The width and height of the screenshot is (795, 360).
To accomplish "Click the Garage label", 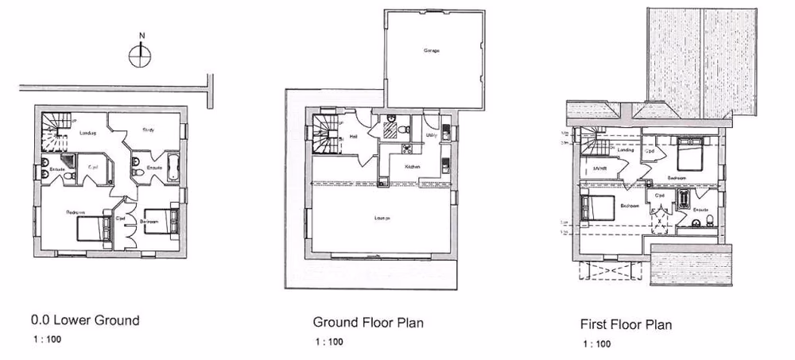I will coord(432,51).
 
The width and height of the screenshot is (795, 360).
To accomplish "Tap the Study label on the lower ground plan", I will coord(149,129).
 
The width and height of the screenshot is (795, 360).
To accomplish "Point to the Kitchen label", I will coord(413,167).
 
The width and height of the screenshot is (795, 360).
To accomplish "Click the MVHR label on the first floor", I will coord(600,168).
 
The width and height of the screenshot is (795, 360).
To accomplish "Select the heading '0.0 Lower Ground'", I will coord(85,321).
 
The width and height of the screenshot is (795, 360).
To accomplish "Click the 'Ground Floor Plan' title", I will coord(367,323).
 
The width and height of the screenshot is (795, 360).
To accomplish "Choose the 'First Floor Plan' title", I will coord(627,324).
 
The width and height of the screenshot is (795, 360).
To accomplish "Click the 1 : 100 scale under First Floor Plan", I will coord(597,344).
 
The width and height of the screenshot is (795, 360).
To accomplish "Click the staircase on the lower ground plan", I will coord(56,128).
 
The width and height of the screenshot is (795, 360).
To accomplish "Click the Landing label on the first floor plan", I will coord(626,149).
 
